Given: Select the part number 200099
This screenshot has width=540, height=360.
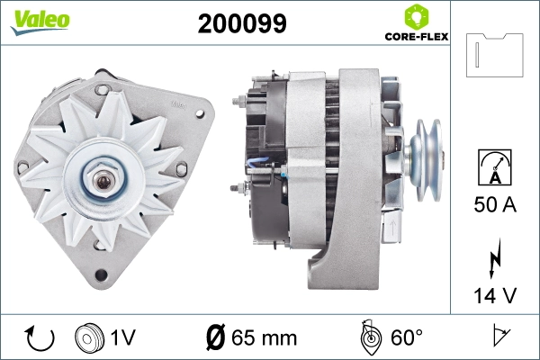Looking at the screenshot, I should [241, 24].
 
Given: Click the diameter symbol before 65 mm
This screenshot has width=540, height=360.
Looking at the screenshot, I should [216, 338].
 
